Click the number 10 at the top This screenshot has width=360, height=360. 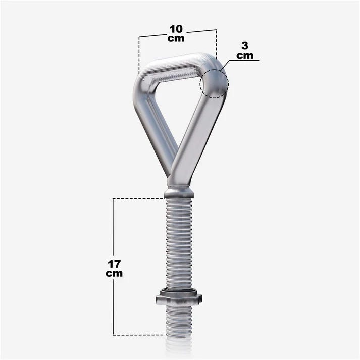[176, 29]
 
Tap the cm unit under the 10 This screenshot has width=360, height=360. [176, 38]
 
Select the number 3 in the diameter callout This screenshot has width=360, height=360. [245, 46]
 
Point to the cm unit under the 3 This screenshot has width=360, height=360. [245, 56]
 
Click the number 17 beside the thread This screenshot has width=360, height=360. [114, 264]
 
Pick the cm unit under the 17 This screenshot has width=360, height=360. [114, 274]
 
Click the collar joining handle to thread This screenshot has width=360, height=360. [179, 192]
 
